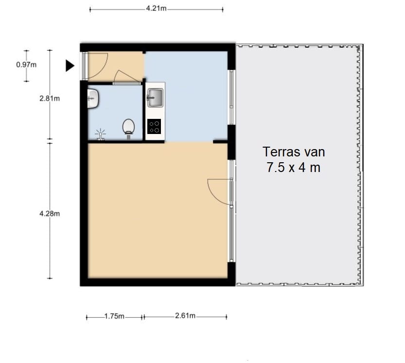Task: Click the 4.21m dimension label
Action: [x=156, y=9]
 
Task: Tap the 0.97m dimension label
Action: [x=26, y=65]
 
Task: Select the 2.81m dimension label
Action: [x=50, y=98]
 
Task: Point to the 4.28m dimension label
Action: [x=50, y=213]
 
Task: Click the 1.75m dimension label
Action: [x=114, y=316]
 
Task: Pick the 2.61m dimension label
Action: [x=185, y=316]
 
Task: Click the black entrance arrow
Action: [x=70, y=65]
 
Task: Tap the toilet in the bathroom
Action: [x=128, y=128]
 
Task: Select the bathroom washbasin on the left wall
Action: [x=92, y=98]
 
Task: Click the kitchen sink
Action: [x=155, y=97]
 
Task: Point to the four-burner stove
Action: [x=154, y=126]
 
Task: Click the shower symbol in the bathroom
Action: [x=100, y=134]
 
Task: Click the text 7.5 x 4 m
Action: [x=294, y=167]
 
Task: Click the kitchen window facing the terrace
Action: [x=231, y=97]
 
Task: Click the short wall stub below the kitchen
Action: [x=220, y=142]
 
